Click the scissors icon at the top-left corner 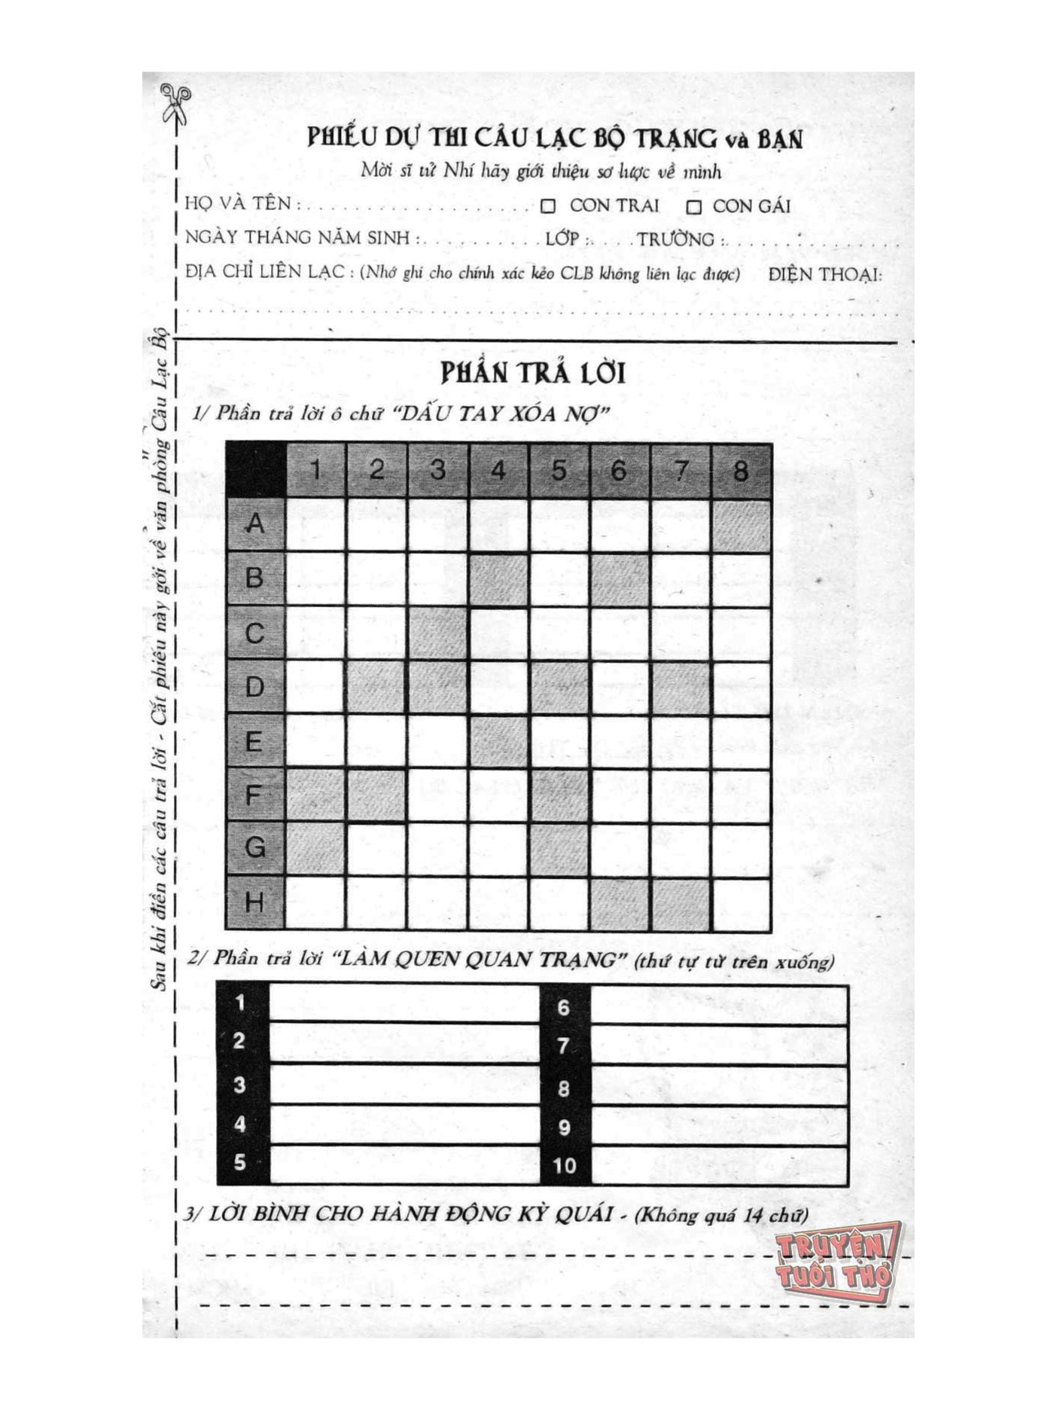click(176, 102)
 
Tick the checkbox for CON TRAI click(548, 206)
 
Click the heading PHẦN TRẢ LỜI click(532, 374)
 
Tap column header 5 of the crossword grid click(559, 471)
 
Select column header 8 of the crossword click(741, 471)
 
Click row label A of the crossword click(255, 523)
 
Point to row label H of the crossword click(255, 902)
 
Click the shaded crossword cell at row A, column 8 click(741, 525)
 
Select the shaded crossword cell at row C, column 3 click(437, 633)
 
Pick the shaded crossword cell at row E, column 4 click(498, 741)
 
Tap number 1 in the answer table click(240, 1003)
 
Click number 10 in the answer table click(564, 1166)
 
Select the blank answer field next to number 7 click(719, 1045)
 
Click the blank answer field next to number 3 click(404, 1085)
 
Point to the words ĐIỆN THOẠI click(825, 275)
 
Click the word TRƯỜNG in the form click(675, 240)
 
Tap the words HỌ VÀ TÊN click(238, 204)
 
